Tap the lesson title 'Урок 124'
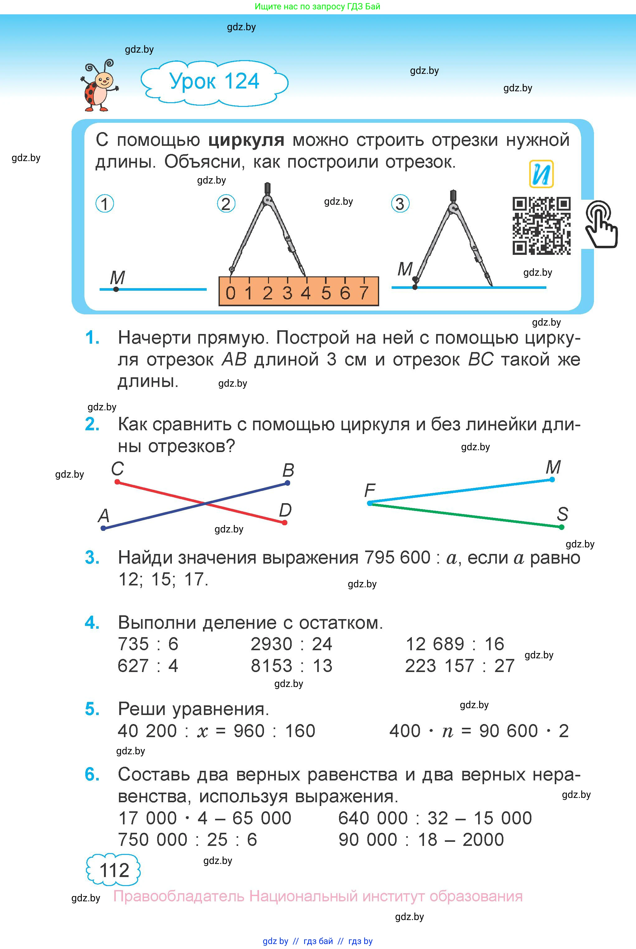pyautogui.click(x=214, y=81)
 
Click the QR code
pyautogui.click(x=541, y=226)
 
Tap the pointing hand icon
pyautogui.click(x=601, y=224)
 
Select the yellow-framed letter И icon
pyautogui.click(x=541, y=174)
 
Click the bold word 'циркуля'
pyautogui.click(x=246, y=140)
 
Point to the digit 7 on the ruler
pyautogui.click(x=364, y=293)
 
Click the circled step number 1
pyautogui.click(x=105, y=204)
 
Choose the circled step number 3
pyautogui.click(x=400, y=204)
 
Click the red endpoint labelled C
pyautogui.click(x=117, y=482)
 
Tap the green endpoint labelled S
pyautogui.click(x=561, y=527)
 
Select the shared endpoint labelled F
pyautogui.click(x=370, y=503)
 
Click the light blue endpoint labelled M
pyautogui.click(x=552, y=480)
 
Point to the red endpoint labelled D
pyautogui.click(x=285, y=523)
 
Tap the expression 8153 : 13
pyautogui.click(x=291, y=666)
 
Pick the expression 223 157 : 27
pyautogui.click(x=459, y=666)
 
